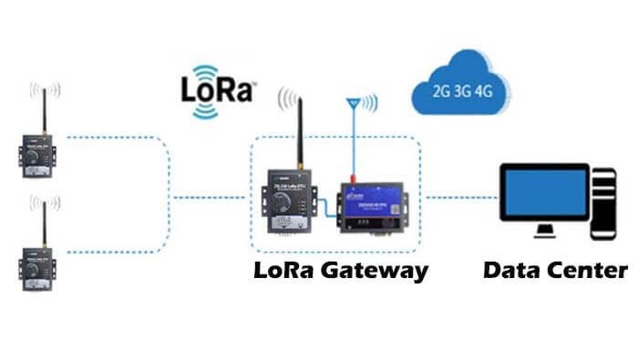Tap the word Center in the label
point(588,271)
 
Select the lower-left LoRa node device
point(39,265)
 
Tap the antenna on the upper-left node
point(44,108)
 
